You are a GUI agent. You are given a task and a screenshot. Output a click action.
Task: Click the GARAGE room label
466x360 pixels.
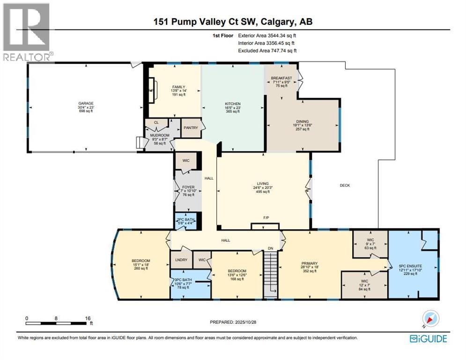point(86,104)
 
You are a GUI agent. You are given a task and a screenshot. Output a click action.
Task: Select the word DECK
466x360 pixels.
point(345,185)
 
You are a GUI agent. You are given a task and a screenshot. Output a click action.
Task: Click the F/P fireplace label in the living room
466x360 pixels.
point(265,218)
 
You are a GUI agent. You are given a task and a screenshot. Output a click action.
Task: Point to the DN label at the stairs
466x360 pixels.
point(270,248)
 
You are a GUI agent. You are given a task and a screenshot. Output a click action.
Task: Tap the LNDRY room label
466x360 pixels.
point(181,260)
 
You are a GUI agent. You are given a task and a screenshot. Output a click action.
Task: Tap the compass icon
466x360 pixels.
point(430,319)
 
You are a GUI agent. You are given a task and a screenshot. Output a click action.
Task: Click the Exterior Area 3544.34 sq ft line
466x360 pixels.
point(267,35)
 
